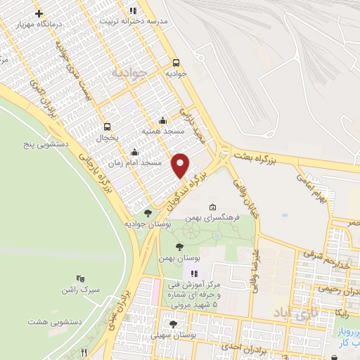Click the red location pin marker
(x=181, y=165)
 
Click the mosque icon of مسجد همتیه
(x=163, y=120)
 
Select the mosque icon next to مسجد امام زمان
(x=134, y=151)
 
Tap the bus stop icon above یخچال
(x=107, y=127)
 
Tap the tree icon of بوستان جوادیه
(x=147, y=213)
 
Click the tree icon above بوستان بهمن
(x=180, y=247)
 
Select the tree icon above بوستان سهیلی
(x=173, y=324)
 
